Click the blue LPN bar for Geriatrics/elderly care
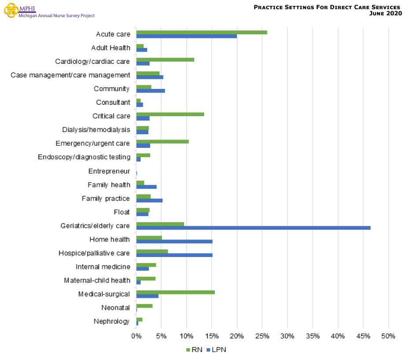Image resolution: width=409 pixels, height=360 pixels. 253,228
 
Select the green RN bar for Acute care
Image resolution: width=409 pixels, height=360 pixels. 202,32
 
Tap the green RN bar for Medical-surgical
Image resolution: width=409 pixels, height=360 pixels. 176,292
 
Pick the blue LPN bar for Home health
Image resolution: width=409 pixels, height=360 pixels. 174,242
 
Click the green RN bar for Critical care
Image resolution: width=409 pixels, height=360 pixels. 170,114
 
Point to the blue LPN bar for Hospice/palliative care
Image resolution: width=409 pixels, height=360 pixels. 174,255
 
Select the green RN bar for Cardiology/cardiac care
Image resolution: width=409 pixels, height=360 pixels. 165,59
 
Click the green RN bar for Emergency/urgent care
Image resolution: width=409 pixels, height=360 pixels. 162,141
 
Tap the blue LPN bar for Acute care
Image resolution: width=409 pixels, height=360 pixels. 187,36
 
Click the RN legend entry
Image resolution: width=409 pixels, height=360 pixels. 194,350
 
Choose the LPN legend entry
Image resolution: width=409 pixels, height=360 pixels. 216,350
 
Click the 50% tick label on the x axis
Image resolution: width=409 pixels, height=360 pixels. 388,337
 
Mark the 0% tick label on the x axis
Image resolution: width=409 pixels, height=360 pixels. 136,337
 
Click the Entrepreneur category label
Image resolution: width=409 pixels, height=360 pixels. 109,171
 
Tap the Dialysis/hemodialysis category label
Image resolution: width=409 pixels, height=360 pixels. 96,130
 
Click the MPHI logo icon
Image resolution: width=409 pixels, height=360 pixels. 11,11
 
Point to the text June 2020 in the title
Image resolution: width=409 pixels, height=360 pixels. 385,13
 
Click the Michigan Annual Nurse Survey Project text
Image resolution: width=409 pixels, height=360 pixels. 56,16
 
